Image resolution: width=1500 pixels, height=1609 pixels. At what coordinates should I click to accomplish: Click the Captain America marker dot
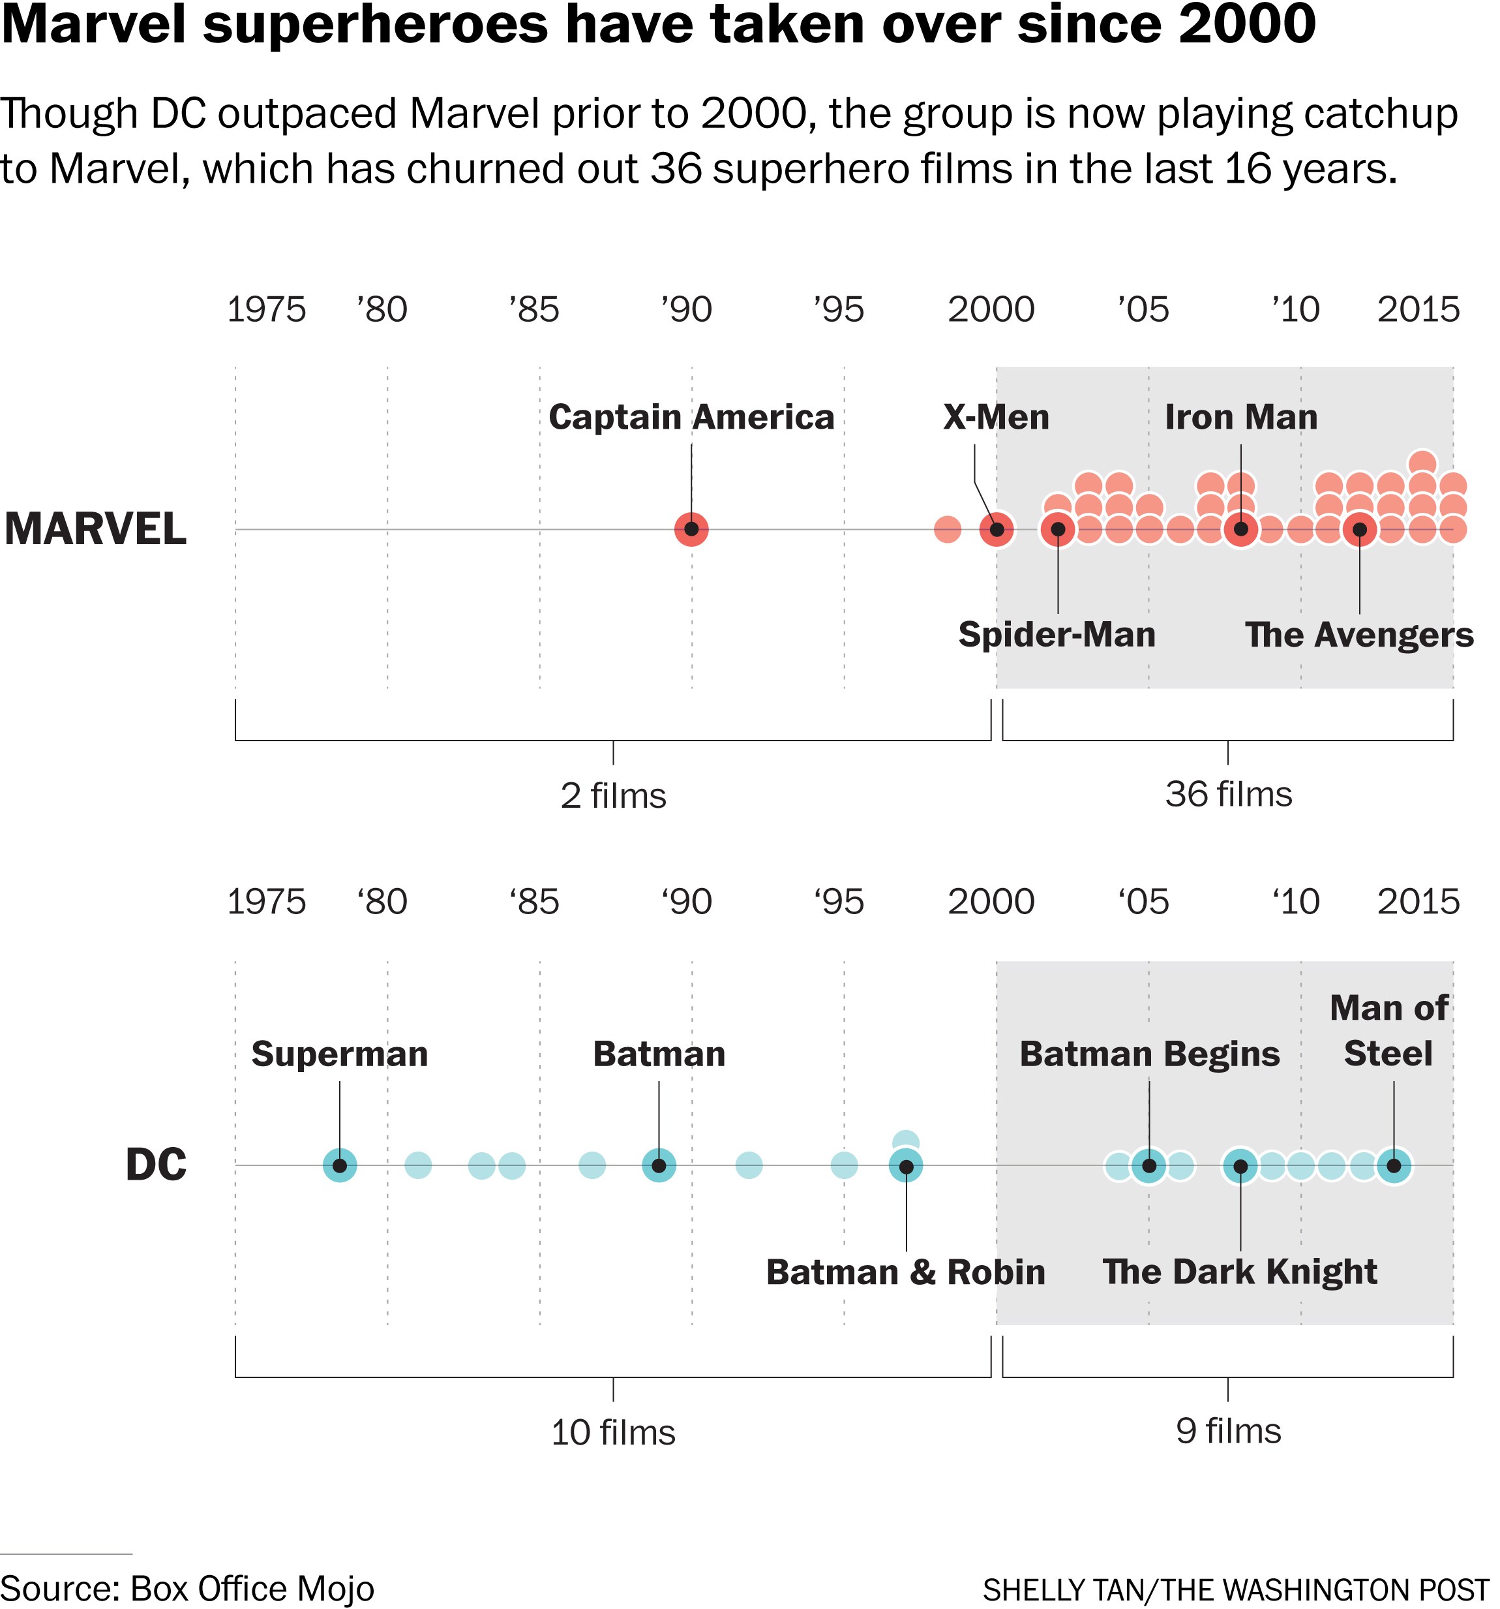click(691, 529)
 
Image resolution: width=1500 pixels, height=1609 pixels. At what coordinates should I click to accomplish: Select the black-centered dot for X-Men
click(997, 529)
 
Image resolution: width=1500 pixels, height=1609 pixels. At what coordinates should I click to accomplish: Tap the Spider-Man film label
click(1057, 635)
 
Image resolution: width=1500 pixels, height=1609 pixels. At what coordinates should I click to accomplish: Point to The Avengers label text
click(1358, 635)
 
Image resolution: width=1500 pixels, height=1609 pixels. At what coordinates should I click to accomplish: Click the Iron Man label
click(1240, 418)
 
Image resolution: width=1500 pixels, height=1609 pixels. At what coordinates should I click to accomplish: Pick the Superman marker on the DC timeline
click(340, 1165)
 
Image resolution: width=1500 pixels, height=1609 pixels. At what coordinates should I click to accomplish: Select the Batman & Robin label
click(905, 1272)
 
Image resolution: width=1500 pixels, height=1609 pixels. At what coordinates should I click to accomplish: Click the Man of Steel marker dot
click(1393, 1165)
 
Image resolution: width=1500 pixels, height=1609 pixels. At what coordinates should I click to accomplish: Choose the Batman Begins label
click(1149, 1054)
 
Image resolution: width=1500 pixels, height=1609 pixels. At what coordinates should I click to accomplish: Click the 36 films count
click(1228, 795)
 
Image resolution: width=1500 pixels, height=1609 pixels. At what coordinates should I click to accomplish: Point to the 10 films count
click(612, 1433)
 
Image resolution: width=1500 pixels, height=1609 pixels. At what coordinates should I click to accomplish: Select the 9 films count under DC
click(1228, 1431)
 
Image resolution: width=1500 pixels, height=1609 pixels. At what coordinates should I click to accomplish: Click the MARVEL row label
click(95, 529)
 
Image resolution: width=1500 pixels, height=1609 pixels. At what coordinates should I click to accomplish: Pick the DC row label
click(156, 1165)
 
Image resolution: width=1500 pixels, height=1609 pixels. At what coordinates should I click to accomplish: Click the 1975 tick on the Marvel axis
click(265, 310)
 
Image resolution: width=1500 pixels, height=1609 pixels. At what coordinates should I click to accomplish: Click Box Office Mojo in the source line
click(252, 1588)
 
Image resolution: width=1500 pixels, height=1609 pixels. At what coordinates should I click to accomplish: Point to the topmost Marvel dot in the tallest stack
click(1422, 464)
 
